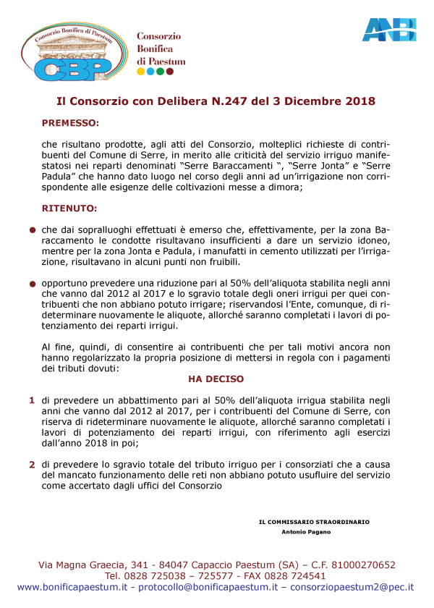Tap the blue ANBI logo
(x=389, y=29)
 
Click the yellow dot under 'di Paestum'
(x=140, y=72)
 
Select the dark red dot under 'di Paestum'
(x=170, y=72)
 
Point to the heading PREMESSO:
(x=70, y=123)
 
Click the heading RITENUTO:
(x=69, y=208)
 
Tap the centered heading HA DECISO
(x=216, y=379)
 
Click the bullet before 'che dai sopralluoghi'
(x=33, y=229)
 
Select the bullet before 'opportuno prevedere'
(x=33, y=285)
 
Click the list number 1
(x=32, y=400)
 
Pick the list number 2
(x=32, y=465)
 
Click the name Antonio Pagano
(x=306, y=532)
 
